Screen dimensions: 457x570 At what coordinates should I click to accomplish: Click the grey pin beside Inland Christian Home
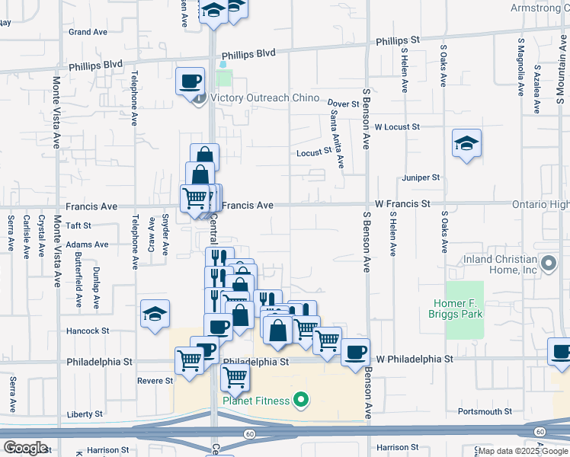pos(548,264)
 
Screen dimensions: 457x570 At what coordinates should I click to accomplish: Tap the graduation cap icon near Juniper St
pos(466,143)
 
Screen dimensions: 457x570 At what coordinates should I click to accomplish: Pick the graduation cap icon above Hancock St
pos(155,314)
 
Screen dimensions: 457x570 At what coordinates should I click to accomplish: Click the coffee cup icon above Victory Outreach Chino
pos(191,80)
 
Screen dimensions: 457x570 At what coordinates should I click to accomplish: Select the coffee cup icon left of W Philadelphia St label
pos(355,352)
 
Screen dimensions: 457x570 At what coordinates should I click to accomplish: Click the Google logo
pos(25,448)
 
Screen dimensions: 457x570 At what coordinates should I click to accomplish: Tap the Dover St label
pos(343,103)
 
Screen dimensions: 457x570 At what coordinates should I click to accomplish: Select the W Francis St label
pos(402,204)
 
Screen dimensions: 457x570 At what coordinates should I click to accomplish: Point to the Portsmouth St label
pos(485,411)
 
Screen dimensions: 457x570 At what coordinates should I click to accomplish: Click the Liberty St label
pos(85,414)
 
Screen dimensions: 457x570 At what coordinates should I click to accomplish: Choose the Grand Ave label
pos(88,32)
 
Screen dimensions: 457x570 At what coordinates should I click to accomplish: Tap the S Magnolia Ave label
pos(520,67)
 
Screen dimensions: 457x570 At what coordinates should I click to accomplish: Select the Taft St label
pos(78,225)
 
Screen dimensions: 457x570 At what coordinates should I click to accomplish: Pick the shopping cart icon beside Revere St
pos(189,360)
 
